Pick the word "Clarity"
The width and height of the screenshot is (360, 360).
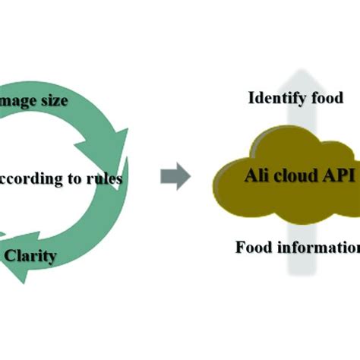click(30, 256)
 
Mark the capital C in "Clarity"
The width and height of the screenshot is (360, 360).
click(11, 256)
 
